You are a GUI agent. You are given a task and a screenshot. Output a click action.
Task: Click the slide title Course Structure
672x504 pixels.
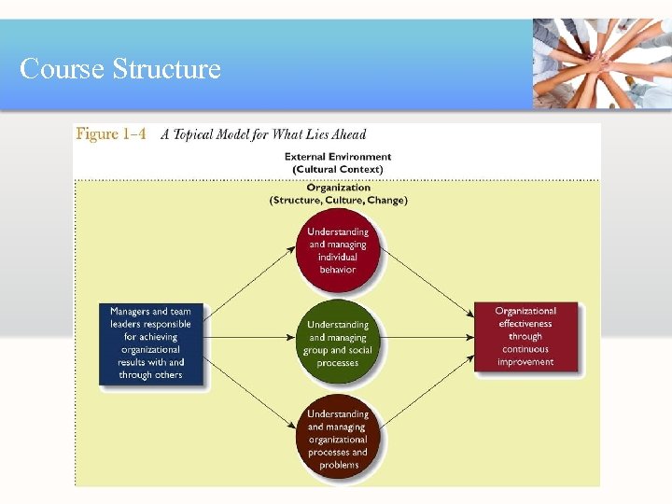tap(120, 69)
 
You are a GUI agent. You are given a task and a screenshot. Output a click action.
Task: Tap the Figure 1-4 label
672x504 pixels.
tap(111, 134)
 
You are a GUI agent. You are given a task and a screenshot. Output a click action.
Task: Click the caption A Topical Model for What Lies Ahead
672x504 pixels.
tap(263, 134)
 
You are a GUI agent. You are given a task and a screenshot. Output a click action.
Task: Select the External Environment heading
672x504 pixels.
tap(338, 157)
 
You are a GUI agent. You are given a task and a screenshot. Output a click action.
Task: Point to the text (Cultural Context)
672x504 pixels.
tap(338, 169)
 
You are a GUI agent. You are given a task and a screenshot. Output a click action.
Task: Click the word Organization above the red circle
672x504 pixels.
tap(338, 188)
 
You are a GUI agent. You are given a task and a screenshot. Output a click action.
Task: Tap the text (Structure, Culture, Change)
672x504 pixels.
tap(338, 200)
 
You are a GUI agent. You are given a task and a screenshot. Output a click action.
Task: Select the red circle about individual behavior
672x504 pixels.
tap(338, 251)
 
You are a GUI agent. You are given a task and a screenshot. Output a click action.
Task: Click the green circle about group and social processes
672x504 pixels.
tap(338, 343)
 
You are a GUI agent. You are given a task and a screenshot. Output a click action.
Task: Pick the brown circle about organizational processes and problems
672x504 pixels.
tap(338, 438)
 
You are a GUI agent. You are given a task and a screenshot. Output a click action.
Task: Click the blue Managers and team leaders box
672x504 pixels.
tap(149, 343)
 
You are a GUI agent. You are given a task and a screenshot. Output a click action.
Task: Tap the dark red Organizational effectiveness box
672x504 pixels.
tap(525, 336)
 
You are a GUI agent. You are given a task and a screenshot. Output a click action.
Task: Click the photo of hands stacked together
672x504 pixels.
tap(601, 63)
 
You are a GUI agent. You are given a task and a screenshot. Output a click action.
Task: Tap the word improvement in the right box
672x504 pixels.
tap(525, 362)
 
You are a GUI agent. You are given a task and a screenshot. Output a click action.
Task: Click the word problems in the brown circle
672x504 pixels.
tap(338, 465)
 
